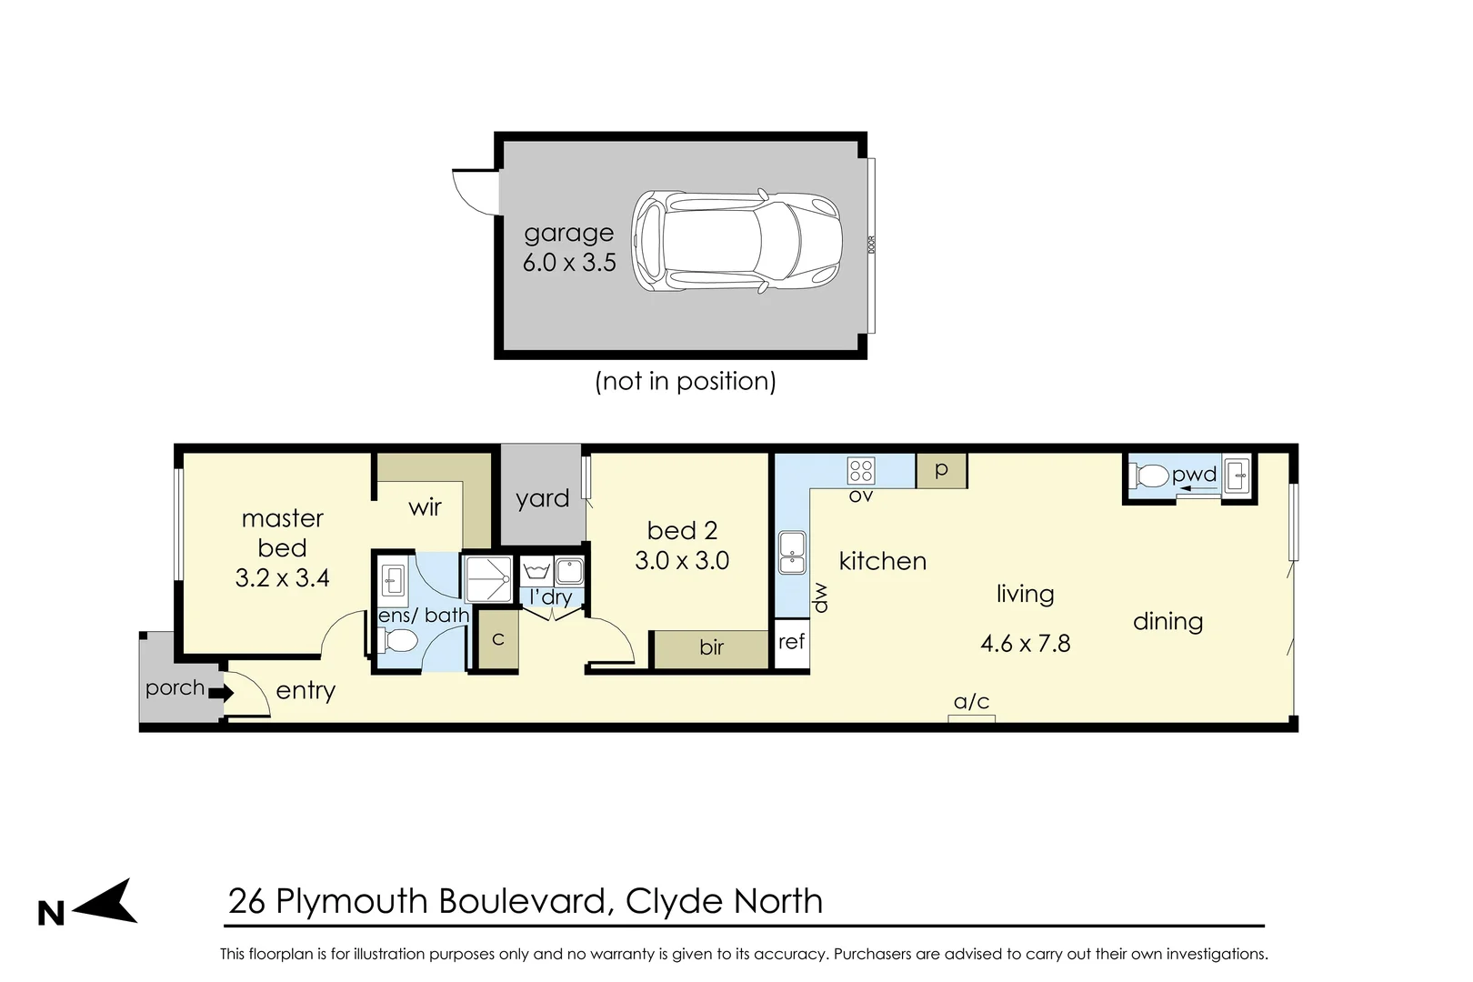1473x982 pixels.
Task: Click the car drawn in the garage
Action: click(736, 241)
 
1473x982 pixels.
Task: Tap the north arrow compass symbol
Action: click(105, 901)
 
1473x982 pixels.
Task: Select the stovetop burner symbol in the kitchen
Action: click(861, 471)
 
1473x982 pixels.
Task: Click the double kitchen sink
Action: click(792, 553)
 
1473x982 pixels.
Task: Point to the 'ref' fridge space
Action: click(792, 643)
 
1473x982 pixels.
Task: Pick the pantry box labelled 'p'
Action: click(941, 470)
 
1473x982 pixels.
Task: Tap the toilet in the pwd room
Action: click(1148, 476)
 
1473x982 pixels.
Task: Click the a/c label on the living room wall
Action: click(971, 702)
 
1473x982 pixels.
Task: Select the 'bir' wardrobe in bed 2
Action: click(712, 649)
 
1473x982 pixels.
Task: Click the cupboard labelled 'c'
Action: click(497, 640)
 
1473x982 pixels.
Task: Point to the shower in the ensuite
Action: click(488, 579)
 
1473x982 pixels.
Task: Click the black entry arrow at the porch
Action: click(221, 692)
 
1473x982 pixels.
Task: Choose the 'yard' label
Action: click(543, 499)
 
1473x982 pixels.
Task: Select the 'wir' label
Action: click(425, 507)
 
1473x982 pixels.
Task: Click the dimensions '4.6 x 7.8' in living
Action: click(1025, 643)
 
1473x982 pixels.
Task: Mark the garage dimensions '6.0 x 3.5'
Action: click(569, 263)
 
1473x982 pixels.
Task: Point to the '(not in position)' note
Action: click(686, 382)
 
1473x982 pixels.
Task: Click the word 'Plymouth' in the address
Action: click(352, 902)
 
